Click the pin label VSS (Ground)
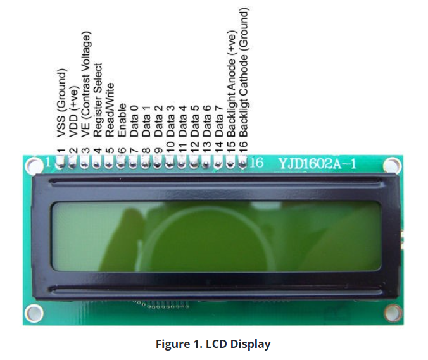click(61, 103)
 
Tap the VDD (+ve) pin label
click(73, 111)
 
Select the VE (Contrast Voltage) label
click(85, 84)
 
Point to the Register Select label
click(98, 100)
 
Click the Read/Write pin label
click(110, 110)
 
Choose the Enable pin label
click(122, 120)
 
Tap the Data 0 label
click(134, 121)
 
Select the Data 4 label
click(182, 121)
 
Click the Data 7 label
click(219, 121)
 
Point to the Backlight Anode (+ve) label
click(231, 84)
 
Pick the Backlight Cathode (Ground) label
click(244, 72)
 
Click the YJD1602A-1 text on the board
click(317, 164)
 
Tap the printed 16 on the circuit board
click(256, 163)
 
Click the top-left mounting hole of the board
click(34, 164)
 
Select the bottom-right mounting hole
click(393, 313)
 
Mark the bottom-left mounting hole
click(34, 313)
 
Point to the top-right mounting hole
click(393, 165)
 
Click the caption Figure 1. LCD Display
click(213, 344)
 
